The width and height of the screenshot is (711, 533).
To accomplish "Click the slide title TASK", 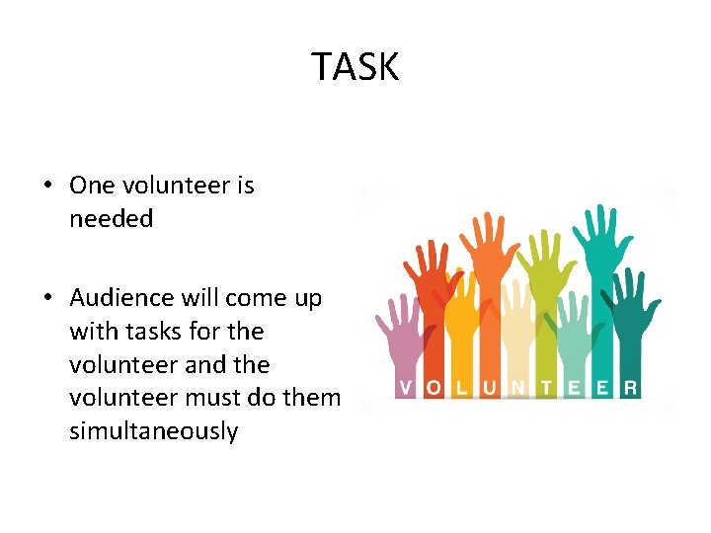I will [x=355, y=67].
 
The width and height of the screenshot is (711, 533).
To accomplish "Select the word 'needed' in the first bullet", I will [x=111, y=219].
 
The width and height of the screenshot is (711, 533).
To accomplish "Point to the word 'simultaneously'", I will [x=153, y=431].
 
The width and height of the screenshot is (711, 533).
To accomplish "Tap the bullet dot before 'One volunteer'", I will [x=46, y=187].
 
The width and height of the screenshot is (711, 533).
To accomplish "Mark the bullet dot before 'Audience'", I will [x=46, y=299].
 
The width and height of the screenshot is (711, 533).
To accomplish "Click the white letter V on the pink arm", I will [x=405, y=388].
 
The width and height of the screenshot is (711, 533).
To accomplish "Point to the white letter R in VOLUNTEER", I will [x=629, y=388].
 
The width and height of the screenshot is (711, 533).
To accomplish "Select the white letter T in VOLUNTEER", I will [x=546, y=388].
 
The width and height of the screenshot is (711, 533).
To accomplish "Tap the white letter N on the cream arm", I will [x=518, y=388].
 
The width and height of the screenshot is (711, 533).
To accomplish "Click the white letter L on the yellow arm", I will [x=461, y=388].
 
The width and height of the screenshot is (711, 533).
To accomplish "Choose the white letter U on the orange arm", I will [x=490, y=388].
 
